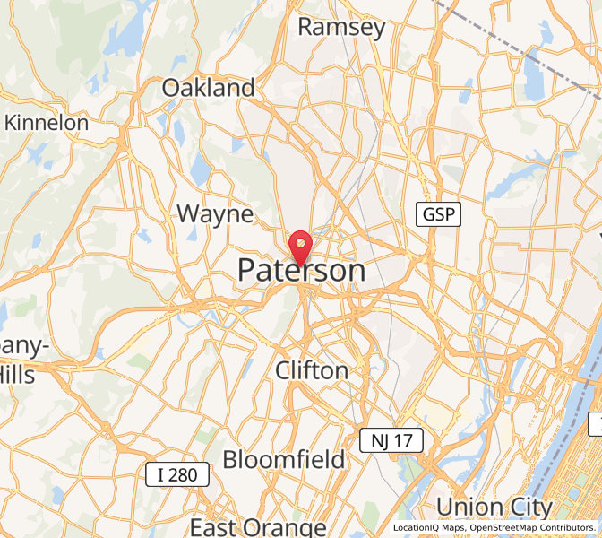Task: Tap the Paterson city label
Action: pos(301,271)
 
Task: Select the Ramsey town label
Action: pos(341,27)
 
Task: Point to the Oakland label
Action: pos(208,88)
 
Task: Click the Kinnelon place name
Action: pos(47,123)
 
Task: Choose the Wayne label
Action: pos(215,214)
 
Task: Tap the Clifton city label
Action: pos(312,370)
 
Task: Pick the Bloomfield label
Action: pos(283,460)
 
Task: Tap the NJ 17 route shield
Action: pos(391,440)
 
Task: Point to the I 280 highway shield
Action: pos(177,474)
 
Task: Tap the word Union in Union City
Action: pos(469,507)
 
